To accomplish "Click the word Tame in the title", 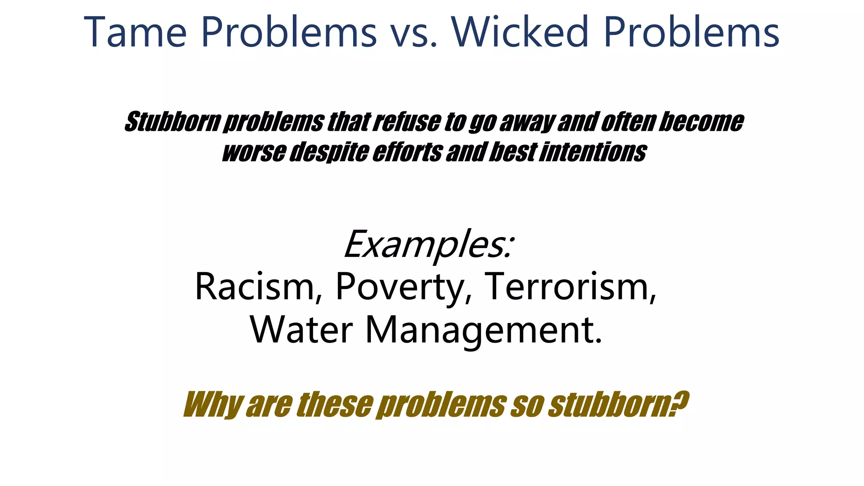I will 135,32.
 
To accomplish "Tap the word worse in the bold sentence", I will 253,152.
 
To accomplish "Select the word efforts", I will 407,152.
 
